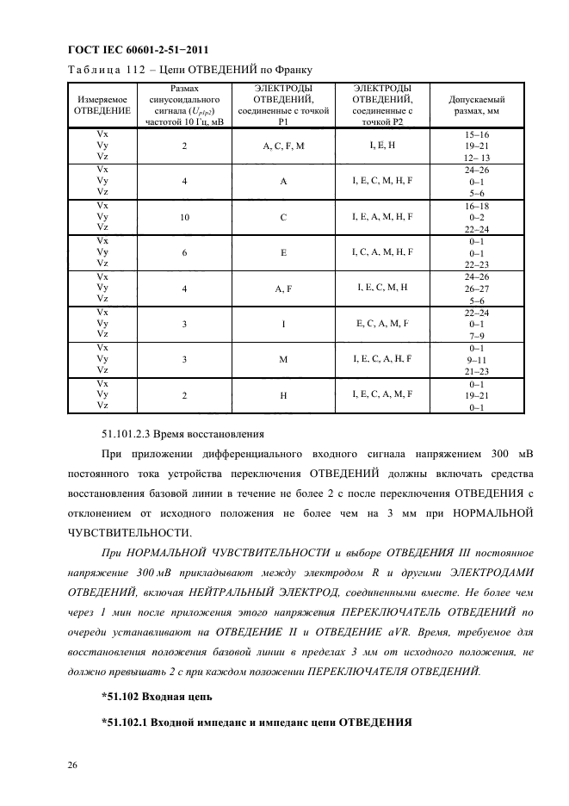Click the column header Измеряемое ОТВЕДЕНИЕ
(x=102, y=105)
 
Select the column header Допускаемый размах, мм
(x=477, y=105)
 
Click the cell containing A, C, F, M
(x=283, y=146)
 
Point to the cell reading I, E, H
(x=382, y=145)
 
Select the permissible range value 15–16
(x=476, y=135)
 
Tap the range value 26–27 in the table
(x=476, y=289)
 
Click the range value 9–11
(x=476, y=360)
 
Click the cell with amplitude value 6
(x=185, y=253)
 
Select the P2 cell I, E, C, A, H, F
(x=382, y=358)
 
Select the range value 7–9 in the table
(x=476, y=335)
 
